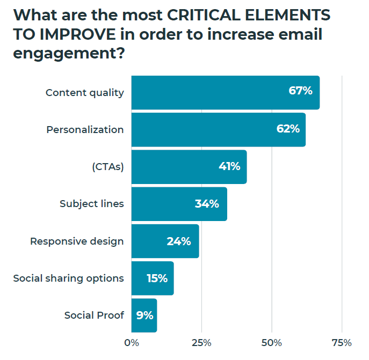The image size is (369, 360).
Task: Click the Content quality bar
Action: (x=226, y=93)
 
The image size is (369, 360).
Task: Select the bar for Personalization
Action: (x=218, y=130)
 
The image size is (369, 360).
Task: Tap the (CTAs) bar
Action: (x=189, y=167)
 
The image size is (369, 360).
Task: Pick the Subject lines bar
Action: (x=179, y=204)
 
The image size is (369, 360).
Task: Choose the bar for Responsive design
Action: (x=165, y=241)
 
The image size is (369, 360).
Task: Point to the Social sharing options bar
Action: (x=153, y=278)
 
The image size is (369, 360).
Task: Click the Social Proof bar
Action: (x=144, y=315)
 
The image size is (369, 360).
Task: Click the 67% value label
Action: (x=300, y=91)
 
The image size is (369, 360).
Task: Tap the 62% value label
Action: (x=287, y=129)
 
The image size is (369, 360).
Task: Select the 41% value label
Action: (x=229, y=166)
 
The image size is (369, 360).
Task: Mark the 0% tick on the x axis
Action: (x=132, y=342)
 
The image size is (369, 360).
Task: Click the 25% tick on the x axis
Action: (x=201, y=342)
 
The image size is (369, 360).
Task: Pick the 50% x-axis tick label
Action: (x=272, y=342)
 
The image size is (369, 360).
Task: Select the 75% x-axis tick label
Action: (x=342, y=342)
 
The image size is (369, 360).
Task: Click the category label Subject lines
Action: (x=92, y=204)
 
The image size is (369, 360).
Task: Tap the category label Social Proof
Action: (x=94, y=315)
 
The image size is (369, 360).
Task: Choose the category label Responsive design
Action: (x=77, y=241)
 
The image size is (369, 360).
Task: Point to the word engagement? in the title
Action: (x=66, y=54)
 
